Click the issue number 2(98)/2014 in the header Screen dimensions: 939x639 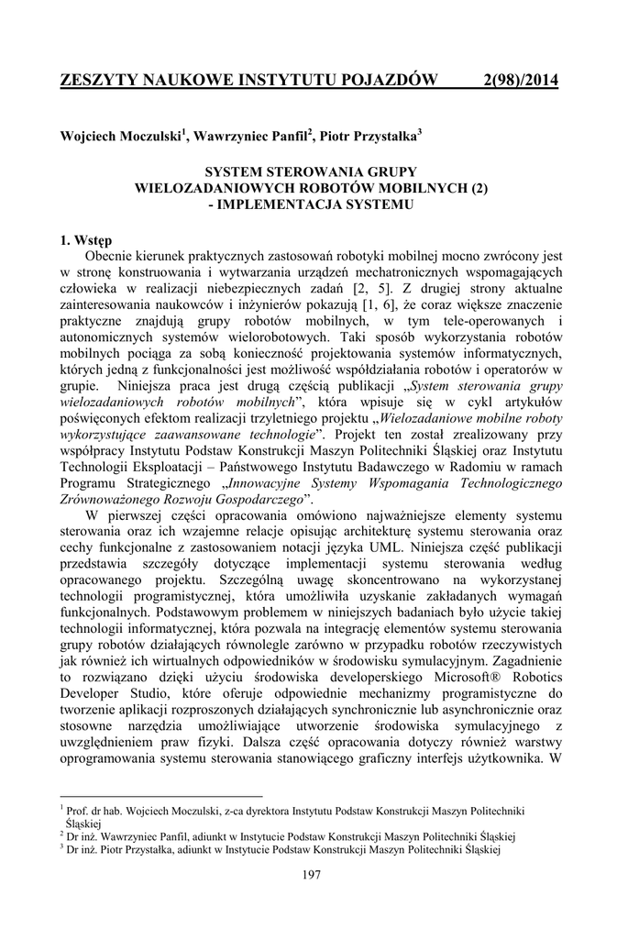pos(520,82)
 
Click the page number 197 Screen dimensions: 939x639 pos(311,876)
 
